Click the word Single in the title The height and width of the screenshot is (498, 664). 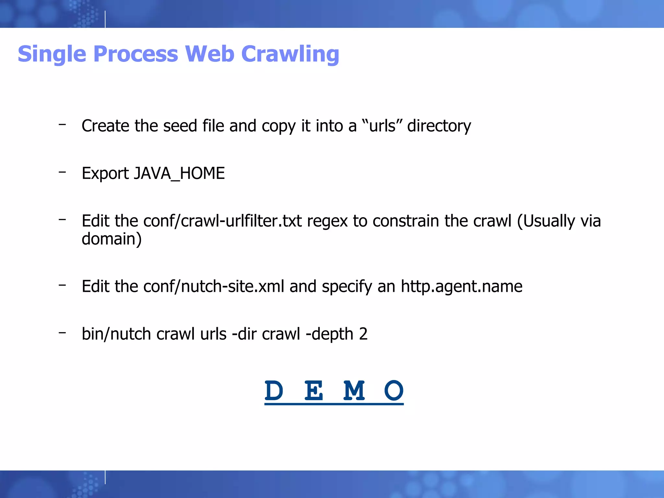(x=52, y=54)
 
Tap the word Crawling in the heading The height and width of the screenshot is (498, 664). (x=290, y=54)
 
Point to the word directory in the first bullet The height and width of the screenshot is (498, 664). (x=439, y=126)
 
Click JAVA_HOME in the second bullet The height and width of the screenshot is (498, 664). (x=179, y=173)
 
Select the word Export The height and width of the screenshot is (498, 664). (x=105, y=173)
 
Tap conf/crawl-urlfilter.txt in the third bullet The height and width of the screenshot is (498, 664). (x=222, y=221)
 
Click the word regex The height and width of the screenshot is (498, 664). (x=327, y=221)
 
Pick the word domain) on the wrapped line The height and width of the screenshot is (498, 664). (x=112, y=239)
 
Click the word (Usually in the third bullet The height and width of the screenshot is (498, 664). (x=546, y=221)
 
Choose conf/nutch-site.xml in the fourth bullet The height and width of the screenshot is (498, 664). (x=214, y=286)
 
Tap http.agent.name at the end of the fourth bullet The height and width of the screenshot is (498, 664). (x=461, y=286)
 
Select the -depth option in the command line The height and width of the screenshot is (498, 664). (x=329, y=334)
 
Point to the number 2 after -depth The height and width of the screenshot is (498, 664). (x=363, y=334)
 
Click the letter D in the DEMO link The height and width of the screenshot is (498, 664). (x=274, y=391)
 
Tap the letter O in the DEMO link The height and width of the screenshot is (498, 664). (x=394, y=391)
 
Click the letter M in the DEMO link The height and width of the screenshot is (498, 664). (x=354, y=391)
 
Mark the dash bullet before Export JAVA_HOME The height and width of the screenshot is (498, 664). (x=62, y=172)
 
